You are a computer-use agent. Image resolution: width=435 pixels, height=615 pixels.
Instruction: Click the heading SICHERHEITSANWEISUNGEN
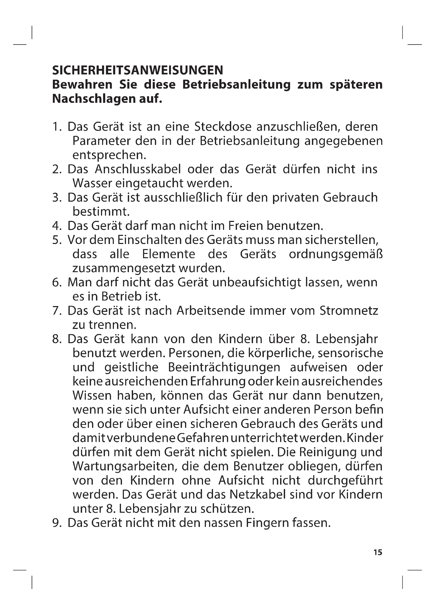(137, 70)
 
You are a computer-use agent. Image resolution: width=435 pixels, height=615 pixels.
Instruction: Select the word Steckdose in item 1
(223, 127)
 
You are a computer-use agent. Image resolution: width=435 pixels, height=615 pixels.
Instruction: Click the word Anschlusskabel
(138, 169)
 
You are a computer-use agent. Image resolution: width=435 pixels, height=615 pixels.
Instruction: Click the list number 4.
(56, 226)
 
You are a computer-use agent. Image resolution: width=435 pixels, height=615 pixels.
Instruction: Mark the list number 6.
(56, 283)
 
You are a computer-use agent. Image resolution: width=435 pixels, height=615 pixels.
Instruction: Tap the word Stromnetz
(349, 311)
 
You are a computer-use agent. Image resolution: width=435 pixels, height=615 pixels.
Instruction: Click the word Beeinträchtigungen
(224, 367)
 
